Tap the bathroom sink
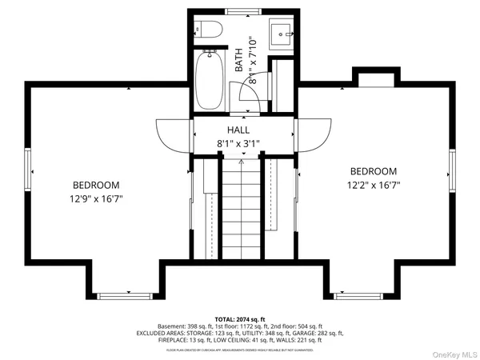[x=282, y=34]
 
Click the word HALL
[x=238, y=130]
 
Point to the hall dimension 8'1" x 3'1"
[x=238, y=144]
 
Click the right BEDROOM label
[x=374, y=171]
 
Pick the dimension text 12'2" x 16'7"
[x=374, y=186]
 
